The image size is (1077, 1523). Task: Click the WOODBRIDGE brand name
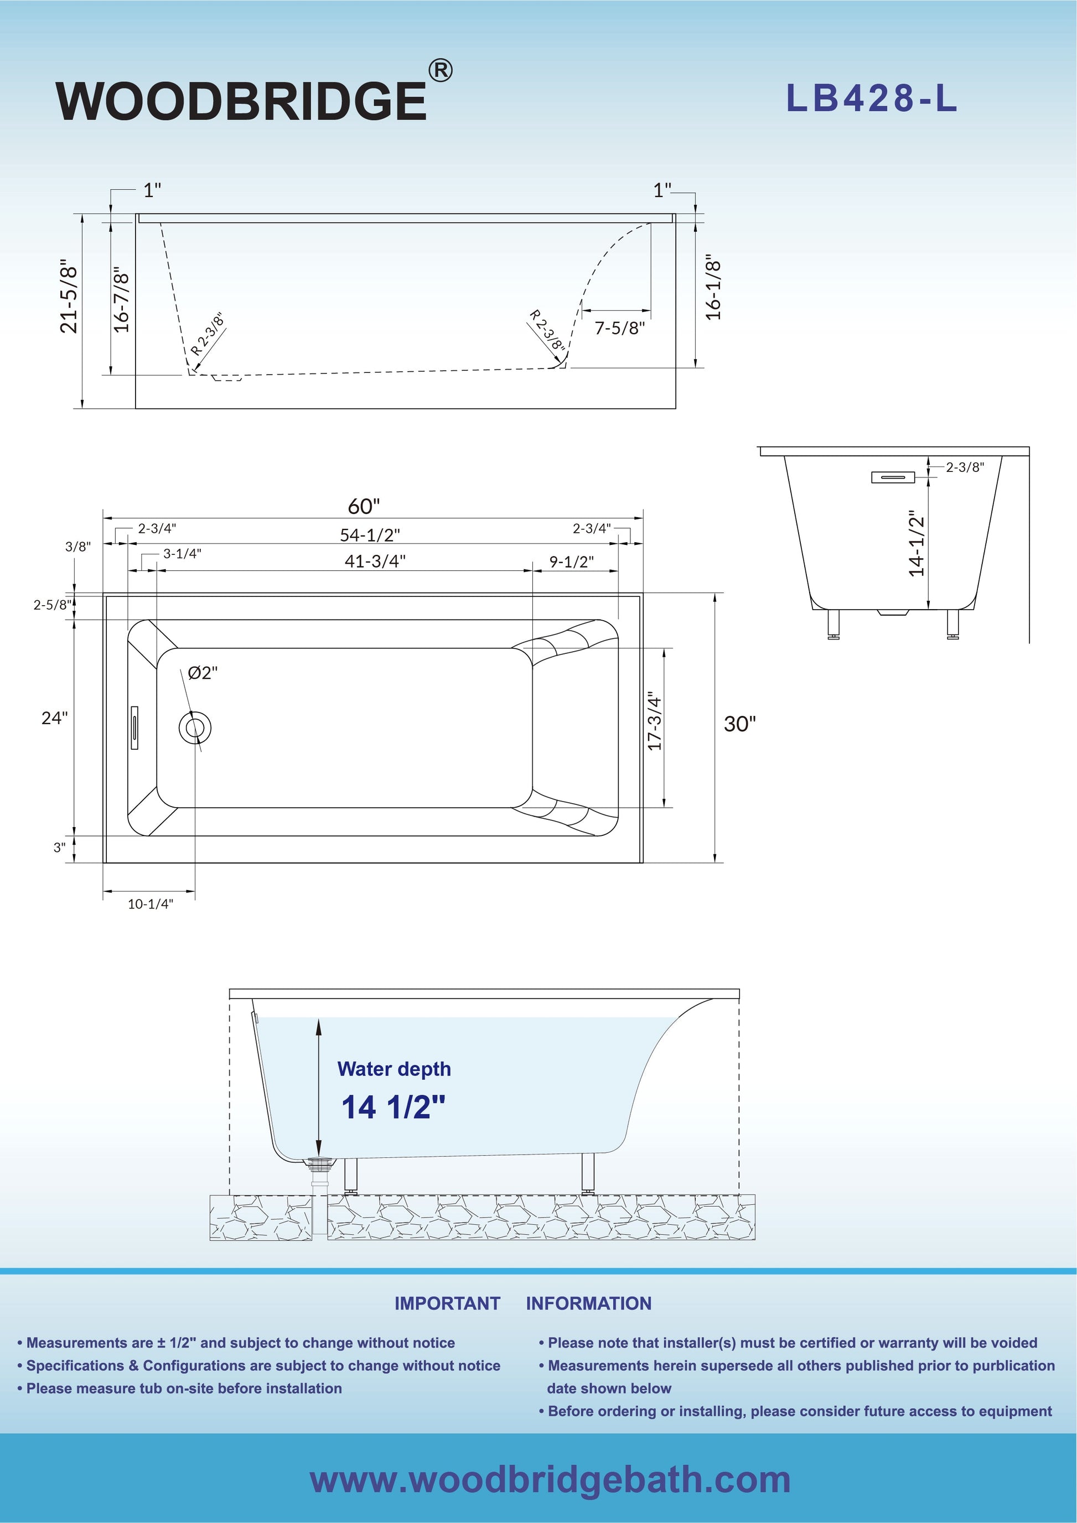[x=241, y=101]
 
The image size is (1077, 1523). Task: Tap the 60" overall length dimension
[x=364, y=506]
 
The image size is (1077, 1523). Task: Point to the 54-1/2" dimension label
[x=370, y=534]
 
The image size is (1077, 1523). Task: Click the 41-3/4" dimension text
[x=375, y=561]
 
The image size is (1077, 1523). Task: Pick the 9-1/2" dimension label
[x=571, y=562]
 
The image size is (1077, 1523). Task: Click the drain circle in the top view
[x=195, y=727]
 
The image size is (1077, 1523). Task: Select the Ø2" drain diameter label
[x=203, y=673]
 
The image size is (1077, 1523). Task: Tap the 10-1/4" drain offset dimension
[x=150, y=903]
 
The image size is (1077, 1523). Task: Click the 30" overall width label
[x=739, y=724]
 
